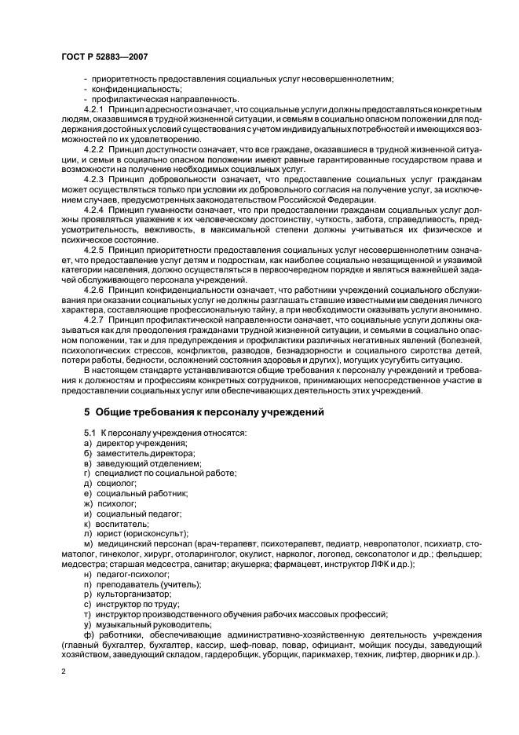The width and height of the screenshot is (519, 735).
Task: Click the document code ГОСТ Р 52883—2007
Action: click(104, 56)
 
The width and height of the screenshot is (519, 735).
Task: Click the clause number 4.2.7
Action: click(96, 322)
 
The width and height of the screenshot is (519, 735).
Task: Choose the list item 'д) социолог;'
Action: click(109, 483)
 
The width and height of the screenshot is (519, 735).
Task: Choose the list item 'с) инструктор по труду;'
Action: click(128, 605)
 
